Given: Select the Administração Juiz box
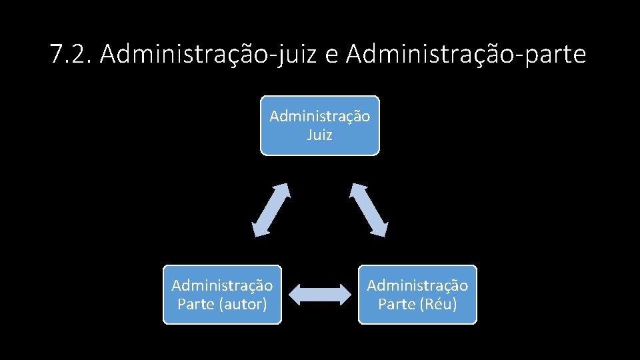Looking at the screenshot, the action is [319, 125].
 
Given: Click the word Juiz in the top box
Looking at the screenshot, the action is [319, 135].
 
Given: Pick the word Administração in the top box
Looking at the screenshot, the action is [319, 116].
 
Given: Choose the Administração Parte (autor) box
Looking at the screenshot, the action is [222, 295].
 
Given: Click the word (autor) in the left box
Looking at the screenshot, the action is [241, 304].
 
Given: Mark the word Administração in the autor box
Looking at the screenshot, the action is [222, 285].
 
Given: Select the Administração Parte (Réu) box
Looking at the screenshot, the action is [417, 295].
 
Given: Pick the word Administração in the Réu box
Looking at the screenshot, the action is [417, 285].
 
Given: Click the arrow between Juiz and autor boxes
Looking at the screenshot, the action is [271, 209].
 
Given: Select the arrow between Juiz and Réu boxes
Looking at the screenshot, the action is [369, 209].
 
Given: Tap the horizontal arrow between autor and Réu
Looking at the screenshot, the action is [320, 295].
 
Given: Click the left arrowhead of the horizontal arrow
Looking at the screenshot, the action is [297, 295].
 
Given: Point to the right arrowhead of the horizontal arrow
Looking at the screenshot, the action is [343, 295].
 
